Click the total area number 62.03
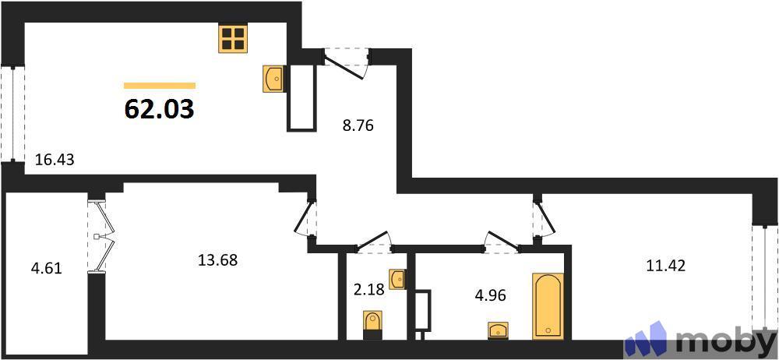[x=160, y=108]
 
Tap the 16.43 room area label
[x=55, y=161]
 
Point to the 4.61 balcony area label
[x=46, y=270]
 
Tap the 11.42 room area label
[x=666, y=265]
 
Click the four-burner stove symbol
[x=233, y=38]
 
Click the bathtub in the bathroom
[x=548, y=305]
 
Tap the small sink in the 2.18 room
[x=397, y=278]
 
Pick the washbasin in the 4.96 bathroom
[x=499, y=330]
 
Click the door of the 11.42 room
[x=542, y=218]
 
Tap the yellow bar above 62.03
[x=160, y=85]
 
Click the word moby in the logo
[x=724, y=341]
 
